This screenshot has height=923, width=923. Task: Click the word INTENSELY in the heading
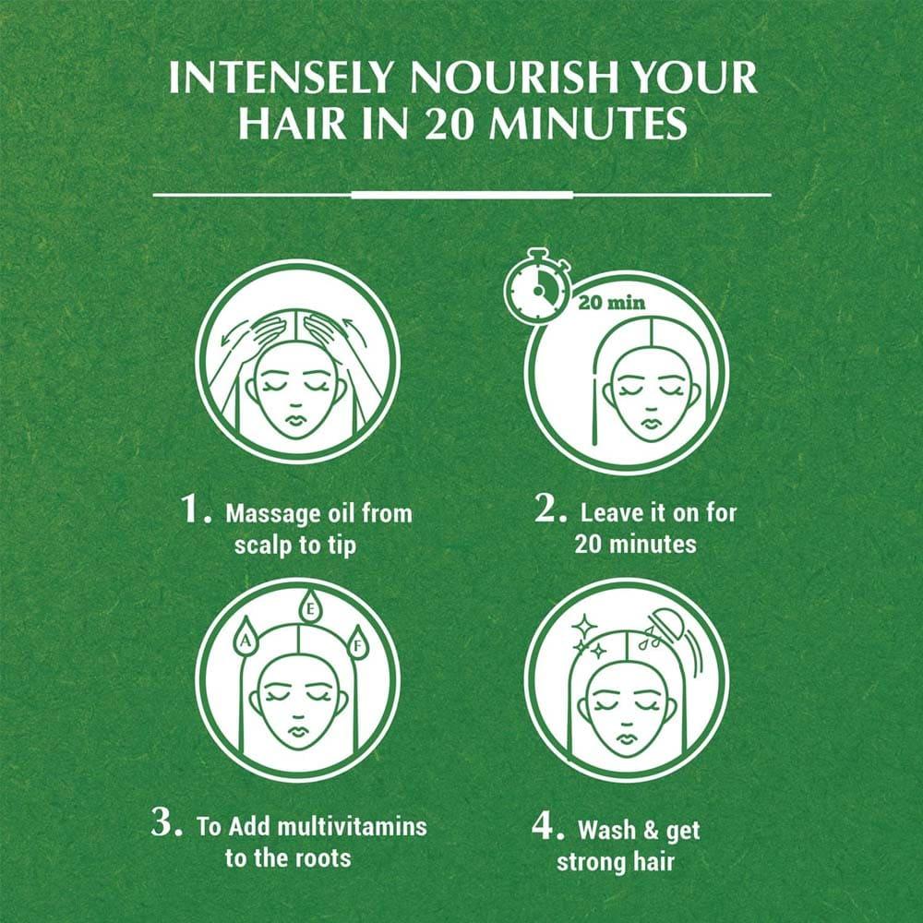coord(280,78)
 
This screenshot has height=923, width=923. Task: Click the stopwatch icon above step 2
coord(537,286)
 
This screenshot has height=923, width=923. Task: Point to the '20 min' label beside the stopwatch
coord(612,303)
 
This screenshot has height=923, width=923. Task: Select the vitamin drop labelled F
coord(356,643)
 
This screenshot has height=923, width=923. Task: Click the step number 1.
coord(197,509)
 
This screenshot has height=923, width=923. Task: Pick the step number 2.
coord(551,508)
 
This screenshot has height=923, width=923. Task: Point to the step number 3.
coord(167,821)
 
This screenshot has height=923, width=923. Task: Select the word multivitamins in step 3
coord(352,826)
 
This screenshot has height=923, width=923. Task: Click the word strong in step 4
coord(591,862)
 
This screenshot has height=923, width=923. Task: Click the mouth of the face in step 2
coord(650,424)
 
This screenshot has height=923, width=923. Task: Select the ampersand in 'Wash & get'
coord(651,830)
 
